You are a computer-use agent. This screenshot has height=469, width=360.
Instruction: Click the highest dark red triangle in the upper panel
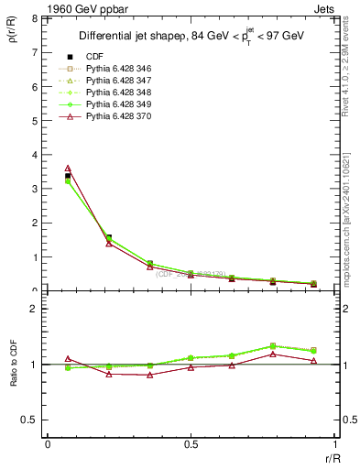pyautogui.click(x=68, y=169)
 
